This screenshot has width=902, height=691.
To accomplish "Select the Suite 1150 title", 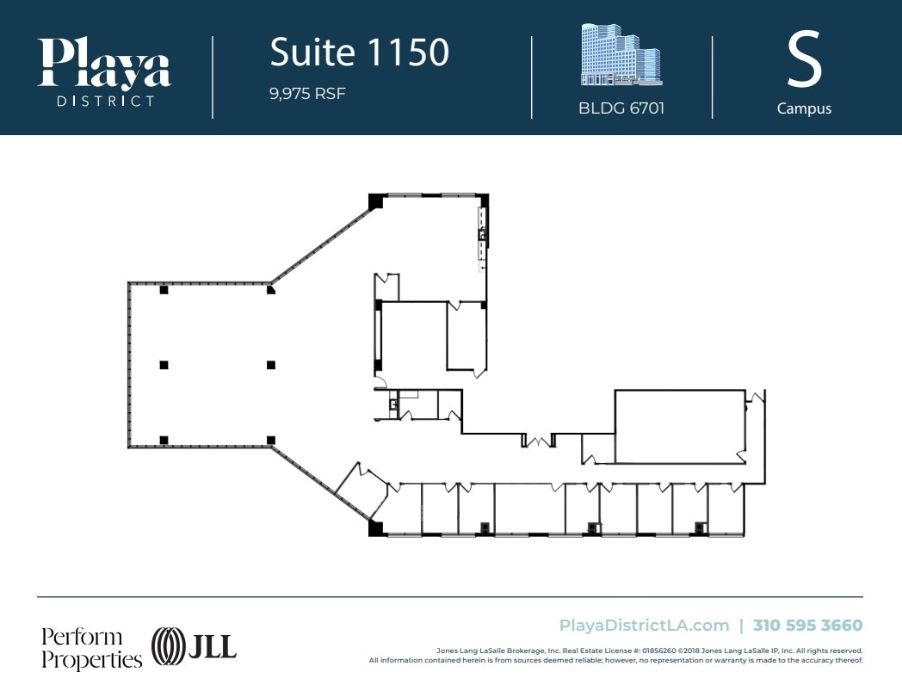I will pyautogui.click(x=359, y=52).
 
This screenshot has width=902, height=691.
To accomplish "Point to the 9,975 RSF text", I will pyautogui.click(x=307, y=94).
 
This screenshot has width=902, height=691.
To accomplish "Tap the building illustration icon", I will pyautogui.click(x=621, y=56).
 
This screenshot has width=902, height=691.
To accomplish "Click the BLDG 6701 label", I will pyautogui.click(x=621, y=109).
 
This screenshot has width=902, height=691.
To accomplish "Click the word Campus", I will pyautogui.click(x=804, y=109).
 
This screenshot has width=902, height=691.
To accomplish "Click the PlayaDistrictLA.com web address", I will pyautogui.click(x=644, y=626).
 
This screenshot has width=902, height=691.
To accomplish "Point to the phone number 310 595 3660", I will pyautogui.click(x=807, y=626).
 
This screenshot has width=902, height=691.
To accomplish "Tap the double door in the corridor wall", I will pyautogui.click(x=539, y=442).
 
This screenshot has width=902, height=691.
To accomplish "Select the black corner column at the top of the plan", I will pyautogui.click(x=375, y=201).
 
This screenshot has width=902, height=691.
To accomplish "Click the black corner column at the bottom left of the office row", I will pyautogui.click(x=375, y=528).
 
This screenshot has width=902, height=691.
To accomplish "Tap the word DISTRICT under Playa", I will pyautogui.click(x=104, y=101).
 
